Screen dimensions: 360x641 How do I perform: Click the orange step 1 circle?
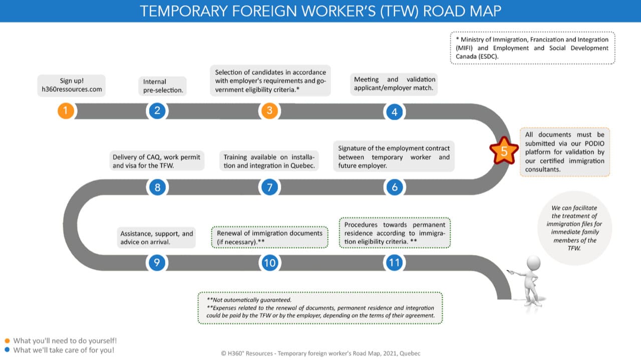pyautogui.click(x=66, y=111)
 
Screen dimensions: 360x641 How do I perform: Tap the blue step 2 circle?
pyautogui.click(x=157, y=111)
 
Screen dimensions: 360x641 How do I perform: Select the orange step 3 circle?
pyautogui.click(x=269, y=111)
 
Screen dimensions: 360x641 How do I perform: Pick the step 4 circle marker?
pyautogui.click(x=395, y=112)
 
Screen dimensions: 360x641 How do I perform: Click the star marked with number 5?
pyautogui.click(x=504, y=151)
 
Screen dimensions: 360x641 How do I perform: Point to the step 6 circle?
pyautogui.click(x=395, y=187)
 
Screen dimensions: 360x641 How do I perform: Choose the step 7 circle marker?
pyautogui.click(x=269, y=187)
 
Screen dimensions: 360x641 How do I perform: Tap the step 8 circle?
pyautogui.click(x=157, y=187)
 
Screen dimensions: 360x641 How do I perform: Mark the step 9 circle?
pyautogui.click(x=157, y=262)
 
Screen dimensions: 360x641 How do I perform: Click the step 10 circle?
pyautogui.click(x=269, y=262)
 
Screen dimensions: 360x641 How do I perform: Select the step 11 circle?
pyautogui.click(x=395, y=262)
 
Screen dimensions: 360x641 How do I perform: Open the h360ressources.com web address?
pyautogui.click(x=72, y=90)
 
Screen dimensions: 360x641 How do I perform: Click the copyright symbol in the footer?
pyautogui.click(x=223, y=353)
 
